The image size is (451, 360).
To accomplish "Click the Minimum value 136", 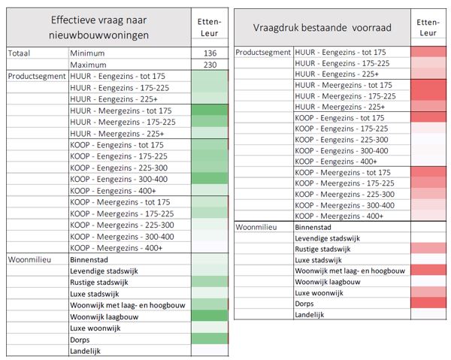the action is point(210,53).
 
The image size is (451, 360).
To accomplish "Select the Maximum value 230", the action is point(210,65).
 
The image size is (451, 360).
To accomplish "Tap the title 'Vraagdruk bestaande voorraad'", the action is point(322,28).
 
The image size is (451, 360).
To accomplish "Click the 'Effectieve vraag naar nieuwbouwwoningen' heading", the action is point(98,28).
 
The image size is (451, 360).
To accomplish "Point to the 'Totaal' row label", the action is point(19,53).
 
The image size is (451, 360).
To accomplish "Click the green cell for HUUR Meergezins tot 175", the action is point(210,110).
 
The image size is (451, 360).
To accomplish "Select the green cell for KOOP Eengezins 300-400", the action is point(210,179).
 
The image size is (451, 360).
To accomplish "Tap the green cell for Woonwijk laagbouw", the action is point(210,316).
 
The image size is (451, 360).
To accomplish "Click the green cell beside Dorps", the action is point(210,339).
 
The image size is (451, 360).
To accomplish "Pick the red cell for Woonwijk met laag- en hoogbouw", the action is point(428,271).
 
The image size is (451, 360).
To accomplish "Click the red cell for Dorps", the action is point(428,303).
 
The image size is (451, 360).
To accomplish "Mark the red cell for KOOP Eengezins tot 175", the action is point(428,117).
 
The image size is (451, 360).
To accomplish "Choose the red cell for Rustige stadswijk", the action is point(428,249).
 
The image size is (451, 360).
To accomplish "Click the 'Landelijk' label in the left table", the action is point(85,351).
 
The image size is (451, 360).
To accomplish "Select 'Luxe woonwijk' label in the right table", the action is point(319,292).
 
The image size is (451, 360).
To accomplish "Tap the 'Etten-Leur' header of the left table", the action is point(210,27).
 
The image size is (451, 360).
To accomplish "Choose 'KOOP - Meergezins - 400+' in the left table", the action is point(117,248).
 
